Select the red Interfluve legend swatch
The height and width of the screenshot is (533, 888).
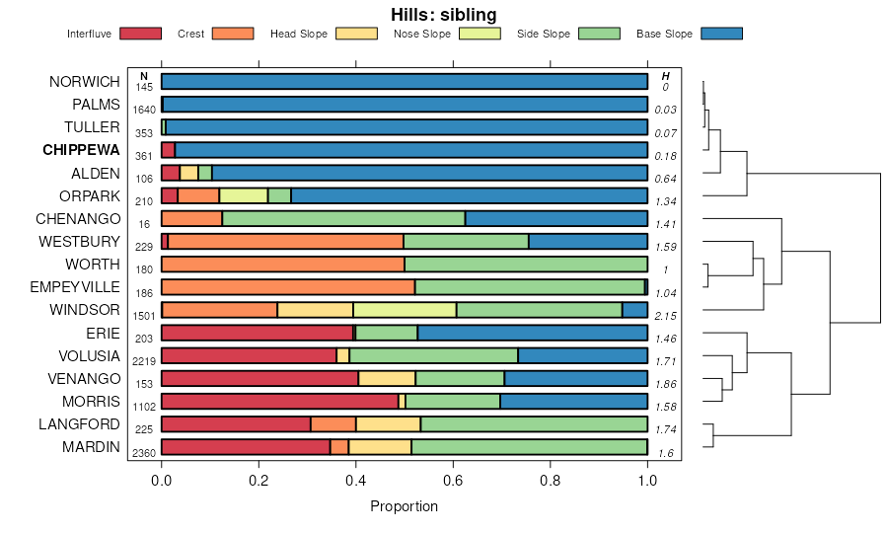coord(139,35)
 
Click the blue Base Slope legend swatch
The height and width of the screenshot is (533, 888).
coord(721,35)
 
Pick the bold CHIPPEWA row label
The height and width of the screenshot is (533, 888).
coord(81,151)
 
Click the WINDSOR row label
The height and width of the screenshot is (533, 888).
coord(85,310)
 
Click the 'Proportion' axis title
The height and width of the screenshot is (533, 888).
coord(404,506)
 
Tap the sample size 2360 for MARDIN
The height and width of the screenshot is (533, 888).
coord(144,453)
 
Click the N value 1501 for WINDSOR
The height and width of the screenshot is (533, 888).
coord(144,316)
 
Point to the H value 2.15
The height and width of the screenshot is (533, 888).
coord(666,316)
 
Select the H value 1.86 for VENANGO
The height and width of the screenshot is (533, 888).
coord(666,384)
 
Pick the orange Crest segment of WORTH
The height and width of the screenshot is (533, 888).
coord(282,265)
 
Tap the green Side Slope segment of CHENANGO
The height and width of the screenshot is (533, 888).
coord(343,219)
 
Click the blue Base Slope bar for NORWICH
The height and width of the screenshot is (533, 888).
coord(405,82)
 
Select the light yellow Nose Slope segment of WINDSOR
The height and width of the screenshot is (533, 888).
coord(405,310)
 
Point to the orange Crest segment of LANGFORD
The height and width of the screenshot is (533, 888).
coord(333,424)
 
